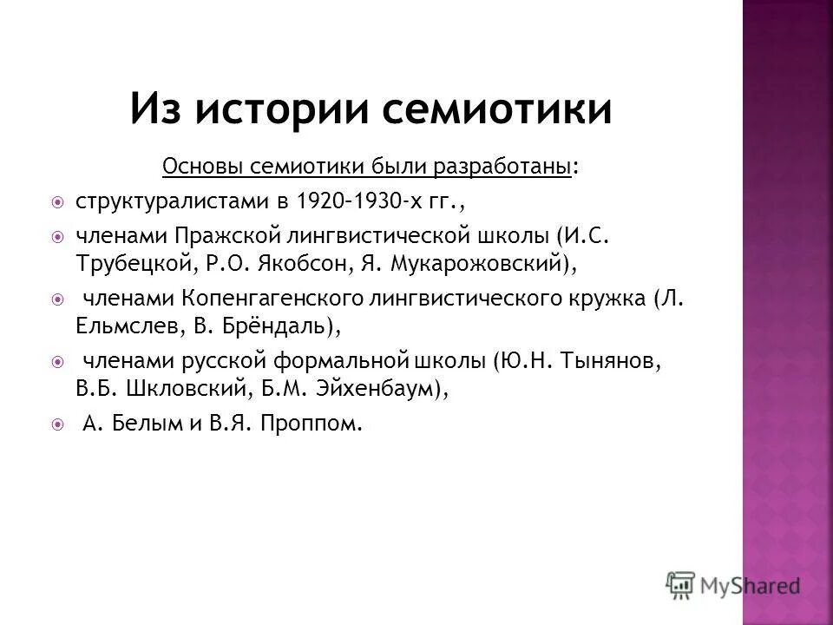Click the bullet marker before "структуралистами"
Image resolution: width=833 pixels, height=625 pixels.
point(57,202)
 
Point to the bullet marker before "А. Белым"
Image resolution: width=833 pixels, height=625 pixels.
point(57,425)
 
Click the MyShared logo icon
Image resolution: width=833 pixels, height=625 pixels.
point(682,584)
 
